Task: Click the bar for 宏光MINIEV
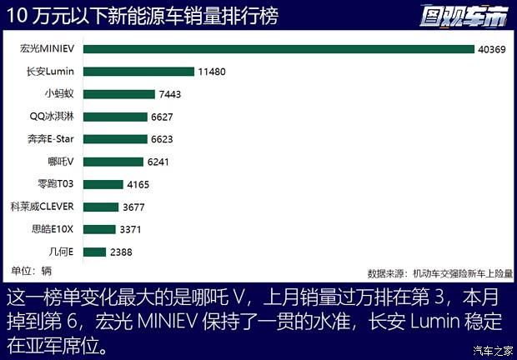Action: click(x=279, y=49)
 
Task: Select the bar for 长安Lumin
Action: click(x=138, y=72)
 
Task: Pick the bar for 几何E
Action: click(x=94, y=252)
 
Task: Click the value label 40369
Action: click(x=492, y=49)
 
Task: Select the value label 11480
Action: click(x=212, y=72)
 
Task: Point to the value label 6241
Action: click(x=160, y=162)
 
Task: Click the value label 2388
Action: click(x=121, y=252)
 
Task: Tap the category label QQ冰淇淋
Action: click(x=53, y=117)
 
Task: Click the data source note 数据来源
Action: click(x=439, y=272)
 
